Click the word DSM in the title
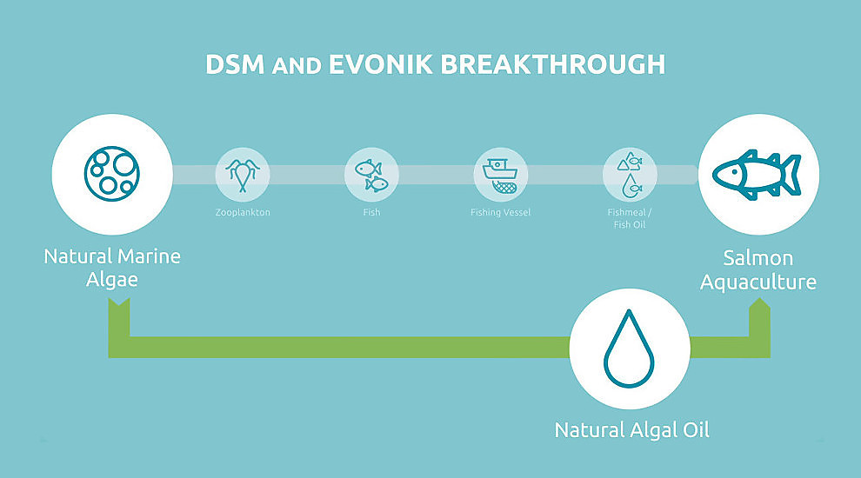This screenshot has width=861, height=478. pos(235,64)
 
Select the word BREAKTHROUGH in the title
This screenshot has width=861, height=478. pos(553,64)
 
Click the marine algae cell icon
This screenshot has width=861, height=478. pos(112,174)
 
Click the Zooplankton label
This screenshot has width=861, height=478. pos(243,212)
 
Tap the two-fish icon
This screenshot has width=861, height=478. pos(371,175)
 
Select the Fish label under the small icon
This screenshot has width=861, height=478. pos(371,212)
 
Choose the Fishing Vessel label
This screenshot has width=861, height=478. pos(500,212)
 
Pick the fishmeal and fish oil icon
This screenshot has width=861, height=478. pos(630,175)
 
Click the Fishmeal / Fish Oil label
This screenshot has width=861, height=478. pos(630,218)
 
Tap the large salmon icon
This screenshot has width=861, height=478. pos(757,175)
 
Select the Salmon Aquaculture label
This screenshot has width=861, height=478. pos(758,269)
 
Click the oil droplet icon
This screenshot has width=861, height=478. pos(630,349)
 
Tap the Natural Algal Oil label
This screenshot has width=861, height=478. pos(632,429)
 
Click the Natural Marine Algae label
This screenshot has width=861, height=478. pos(112,268)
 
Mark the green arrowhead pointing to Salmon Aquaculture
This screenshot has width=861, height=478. pos(759,308)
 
